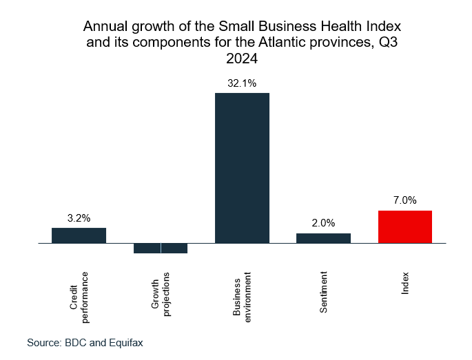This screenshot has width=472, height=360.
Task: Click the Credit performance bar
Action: click(x=79, y=235)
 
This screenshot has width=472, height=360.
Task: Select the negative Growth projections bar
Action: click(x=161, y=248)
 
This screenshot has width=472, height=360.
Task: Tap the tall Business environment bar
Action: click(x=242, y=168)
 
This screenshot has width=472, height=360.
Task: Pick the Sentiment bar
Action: click(x=323, y=238)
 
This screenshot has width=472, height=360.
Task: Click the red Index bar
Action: click(x=405, y=227)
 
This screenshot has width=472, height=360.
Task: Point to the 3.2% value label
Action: click(x=79, y=218)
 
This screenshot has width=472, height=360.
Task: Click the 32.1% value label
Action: click(x=242, y=83)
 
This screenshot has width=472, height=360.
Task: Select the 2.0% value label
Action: click(x=323, y=223)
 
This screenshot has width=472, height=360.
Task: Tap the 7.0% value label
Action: click(x=405, y=200)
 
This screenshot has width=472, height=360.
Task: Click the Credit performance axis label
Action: click(x=79, y=297)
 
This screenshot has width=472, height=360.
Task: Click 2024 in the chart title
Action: click(x=242, y=59)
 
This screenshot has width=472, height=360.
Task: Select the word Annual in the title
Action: click(x=103, y=28)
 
